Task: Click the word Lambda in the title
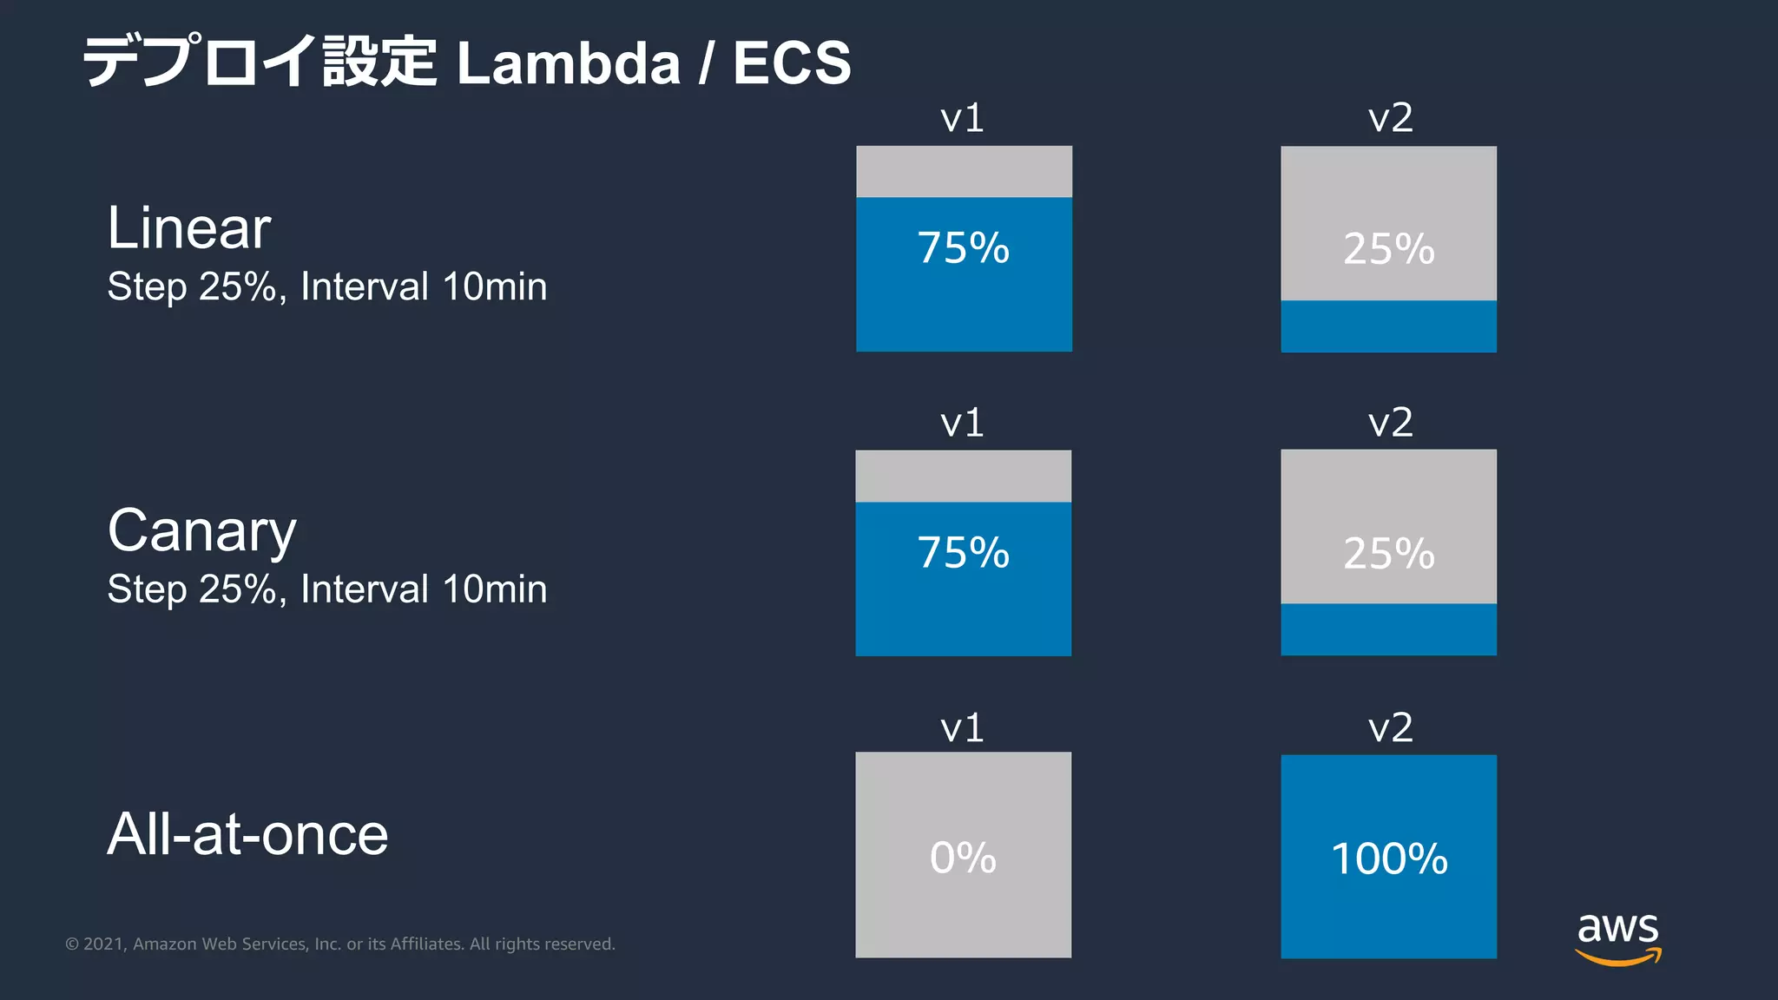coord(569,63)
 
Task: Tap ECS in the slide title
coord(792,63)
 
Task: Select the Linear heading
coord(188,227)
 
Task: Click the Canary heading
coord(201,531)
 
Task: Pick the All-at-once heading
coord(247,834)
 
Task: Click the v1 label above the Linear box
coord(962,118)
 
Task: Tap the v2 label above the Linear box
coord(1390,118)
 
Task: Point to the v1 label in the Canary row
coord(962,423)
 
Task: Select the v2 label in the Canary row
coord(1390,423)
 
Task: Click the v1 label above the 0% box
coord(962,727)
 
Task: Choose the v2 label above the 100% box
coord(1390,727)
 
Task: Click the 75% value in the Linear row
coord(964,248)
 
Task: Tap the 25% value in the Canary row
coord(1389,554)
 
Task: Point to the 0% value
coord(963,858)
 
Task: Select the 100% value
coord(1389,859)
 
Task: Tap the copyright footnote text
coord(340,944)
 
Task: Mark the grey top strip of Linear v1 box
coord(964,171)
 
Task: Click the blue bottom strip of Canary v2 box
coord(1388,629)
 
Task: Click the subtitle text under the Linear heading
coord(326,287)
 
